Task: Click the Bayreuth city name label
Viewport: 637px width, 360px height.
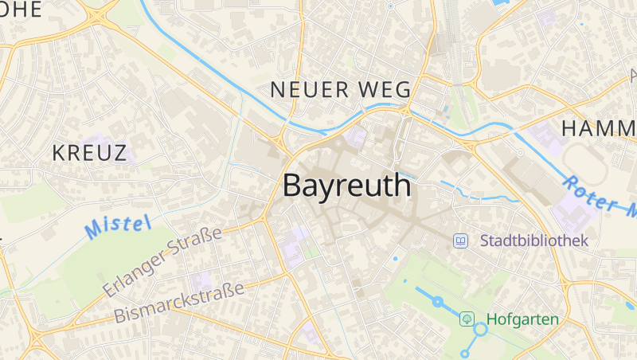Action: tap(347, 186)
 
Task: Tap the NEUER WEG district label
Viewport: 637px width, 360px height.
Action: tap(340, 89)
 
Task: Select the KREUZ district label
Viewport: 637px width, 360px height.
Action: tap(90, 153)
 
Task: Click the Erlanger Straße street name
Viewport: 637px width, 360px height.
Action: tap(162, 260)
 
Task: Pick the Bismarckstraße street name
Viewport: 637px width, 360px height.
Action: tap(179, 300)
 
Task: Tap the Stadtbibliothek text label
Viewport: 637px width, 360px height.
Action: tap(533, 240)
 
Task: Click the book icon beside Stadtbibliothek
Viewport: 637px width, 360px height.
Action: tap(460, 240)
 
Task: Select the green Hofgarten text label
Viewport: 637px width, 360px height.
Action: tap(522, 319)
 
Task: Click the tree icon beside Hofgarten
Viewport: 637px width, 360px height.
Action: tap(467, 319)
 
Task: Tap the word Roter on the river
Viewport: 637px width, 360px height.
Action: tap(588, 193)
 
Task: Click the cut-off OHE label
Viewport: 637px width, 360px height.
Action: tap(22, 9)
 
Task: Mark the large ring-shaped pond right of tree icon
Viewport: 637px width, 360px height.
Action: tap(481, 329)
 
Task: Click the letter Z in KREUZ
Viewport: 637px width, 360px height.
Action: tap(119, 153)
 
